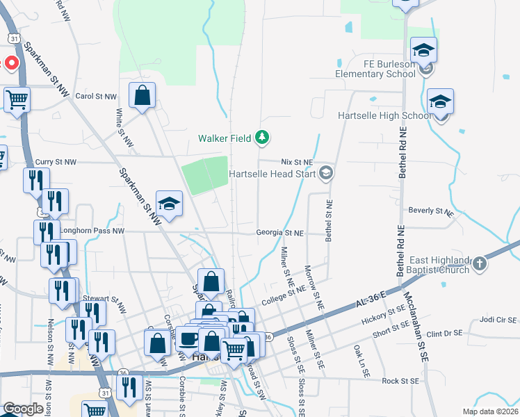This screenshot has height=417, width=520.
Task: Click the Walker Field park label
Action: pyautogui.click(x=224, y=138)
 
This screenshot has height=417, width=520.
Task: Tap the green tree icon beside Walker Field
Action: pyautogui.click(x=262, y=138)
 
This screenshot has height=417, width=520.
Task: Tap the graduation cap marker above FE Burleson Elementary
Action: pyautogui.click(x=423, y=50)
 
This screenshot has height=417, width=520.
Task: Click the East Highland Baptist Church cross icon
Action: pyautogui.click(x=480, y=263)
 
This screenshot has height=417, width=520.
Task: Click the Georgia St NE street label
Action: pyautogui.click(x=279, y=233)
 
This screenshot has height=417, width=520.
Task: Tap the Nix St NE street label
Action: pyautogui.click(x=298, y=161)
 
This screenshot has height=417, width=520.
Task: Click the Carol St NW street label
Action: pyautogui.click(x=95, y=97)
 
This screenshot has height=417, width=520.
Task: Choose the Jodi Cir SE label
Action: pyautogui.click(x=498, y=320)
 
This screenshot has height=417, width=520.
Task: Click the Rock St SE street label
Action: pyautogui.click(x=400, y=381)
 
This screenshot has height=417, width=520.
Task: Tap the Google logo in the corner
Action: pyautogui.click(x=23, y=408)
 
